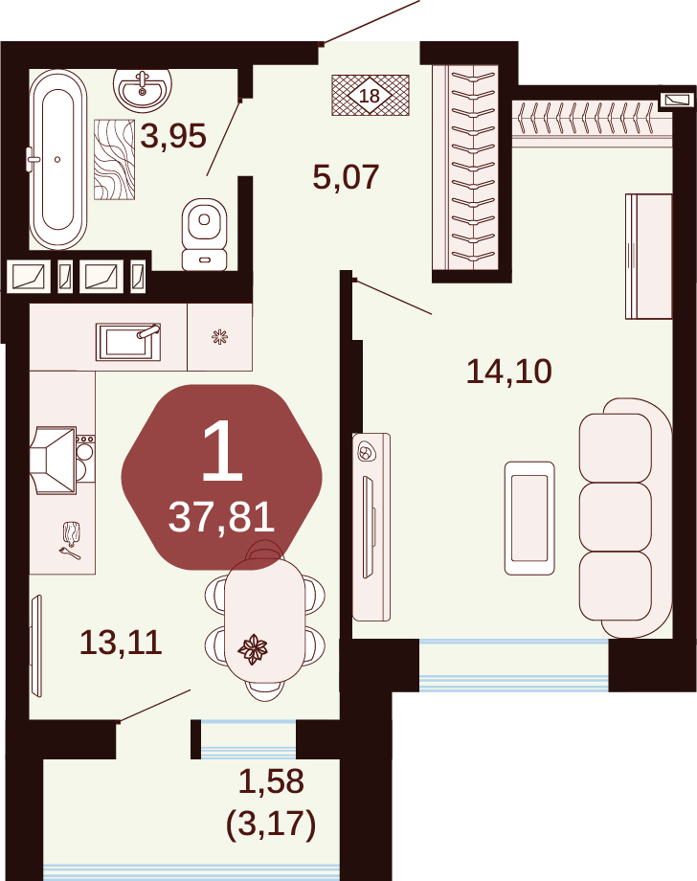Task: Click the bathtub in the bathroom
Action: tap(57, 159)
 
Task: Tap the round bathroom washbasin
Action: tap(142, 89)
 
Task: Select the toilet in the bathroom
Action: tap(205, 235)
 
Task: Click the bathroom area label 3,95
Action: tap(173, 137)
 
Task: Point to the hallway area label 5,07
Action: tap(346, 177)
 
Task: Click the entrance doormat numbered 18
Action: tap(371, 96)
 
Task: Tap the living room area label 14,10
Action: tap(509, 372)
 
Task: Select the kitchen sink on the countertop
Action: tap(128, 342)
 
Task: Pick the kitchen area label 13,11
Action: tap(121, 643)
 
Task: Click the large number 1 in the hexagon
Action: tap(222, 451)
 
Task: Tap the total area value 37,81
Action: tap(221, 517)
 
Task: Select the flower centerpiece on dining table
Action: tap(253, 649)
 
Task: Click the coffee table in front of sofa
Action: tap(529, 518)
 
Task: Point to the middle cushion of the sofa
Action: tap(616, 517)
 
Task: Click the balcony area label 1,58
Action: tap(271, 781)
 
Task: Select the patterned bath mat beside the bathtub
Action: tap(115, 160)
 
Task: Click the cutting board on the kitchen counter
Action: tap(72, 533)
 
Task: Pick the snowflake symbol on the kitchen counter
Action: tap(219, 337)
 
